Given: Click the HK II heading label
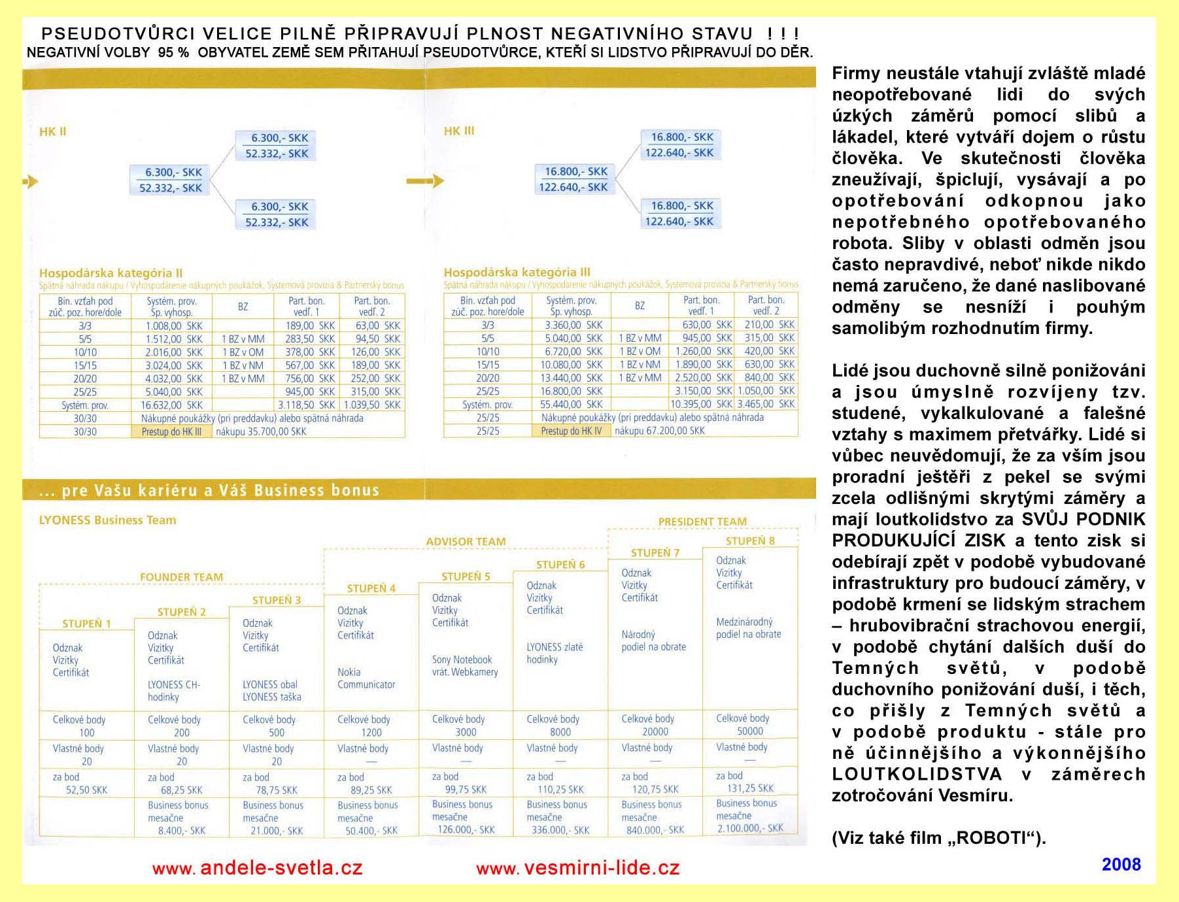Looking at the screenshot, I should (52, 131).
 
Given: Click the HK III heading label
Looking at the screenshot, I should (458, 131).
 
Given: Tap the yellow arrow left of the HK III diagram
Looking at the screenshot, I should (425, 181).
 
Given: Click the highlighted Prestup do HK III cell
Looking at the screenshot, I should (171, 431).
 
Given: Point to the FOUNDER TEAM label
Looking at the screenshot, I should (181, 577).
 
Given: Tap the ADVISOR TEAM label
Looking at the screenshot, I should (466, 541).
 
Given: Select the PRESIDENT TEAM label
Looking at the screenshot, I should (702, 522).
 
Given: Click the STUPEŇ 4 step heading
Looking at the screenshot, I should (371, 588).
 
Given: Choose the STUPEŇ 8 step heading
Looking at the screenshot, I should (749, 541).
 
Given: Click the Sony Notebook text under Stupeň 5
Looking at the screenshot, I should (462, 660).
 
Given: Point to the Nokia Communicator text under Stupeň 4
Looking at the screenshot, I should (366, 678).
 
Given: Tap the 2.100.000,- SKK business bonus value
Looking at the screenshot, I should (749, 828).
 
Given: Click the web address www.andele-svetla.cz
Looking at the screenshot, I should (257, 868).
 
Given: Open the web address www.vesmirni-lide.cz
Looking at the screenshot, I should (578, 868).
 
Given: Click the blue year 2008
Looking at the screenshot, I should (1121, 864).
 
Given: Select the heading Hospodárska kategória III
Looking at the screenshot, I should (517, 272).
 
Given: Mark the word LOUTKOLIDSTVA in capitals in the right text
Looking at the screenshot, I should (917, 774).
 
